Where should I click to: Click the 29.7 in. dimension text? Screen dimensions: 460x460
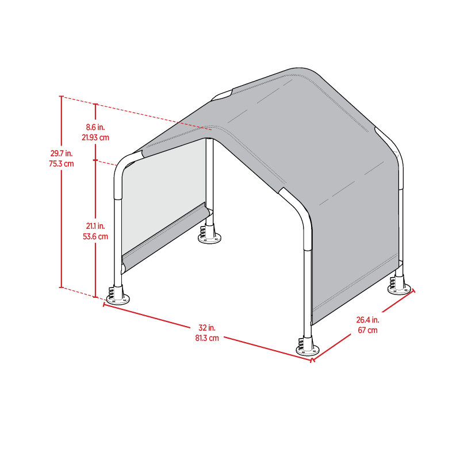pyautogui.click(x=62, y=154)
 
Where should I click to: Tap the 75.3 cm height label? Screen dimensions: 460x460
pyautogui.click(x=62, y=163)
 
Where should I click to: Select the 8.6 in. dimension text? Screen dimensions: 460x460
pyautogui.click(x=96, y=128)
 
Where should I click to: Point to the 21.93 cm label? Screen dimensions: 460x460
pyautogui.click(x=96, y=137)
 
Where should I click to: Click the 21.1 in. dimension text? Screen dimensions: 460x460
pyautogui.click(x=96, y=226)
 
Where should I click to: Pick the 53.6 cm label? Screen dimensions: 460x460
pyautogui.click(x=96, y=236)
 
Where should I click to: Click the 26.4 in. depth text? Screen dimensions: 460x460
pyautogui.click(x=367, y=320)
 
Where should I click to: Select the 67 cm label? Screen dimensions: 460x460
pyautogui.click(x=367, y=330)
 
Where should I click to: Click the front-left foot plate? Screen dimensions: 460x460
pyautogui.click(x=117, y=299)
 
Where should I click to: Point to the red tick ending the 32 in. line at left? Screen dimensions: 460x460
pyautogui.click(x=103, y=304)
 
